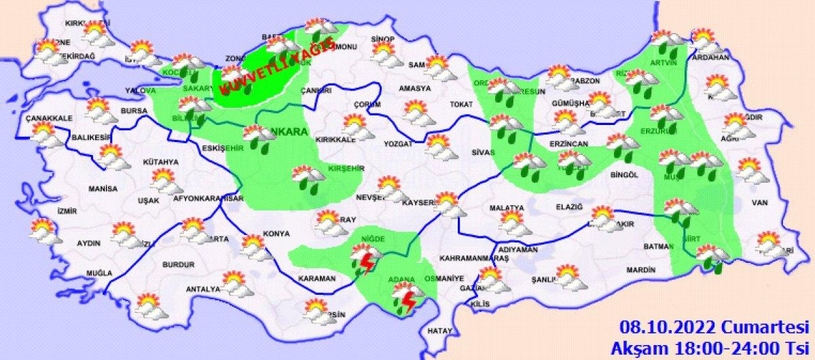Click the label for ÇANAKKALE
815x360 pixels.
[49, 118]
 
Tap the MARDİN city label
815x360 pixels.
[640, 270]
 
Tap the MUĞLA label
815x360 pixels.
[99, 273]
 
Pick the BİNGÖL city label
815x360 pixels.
[626, 175]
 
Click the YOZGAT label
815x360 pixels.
[398, 145]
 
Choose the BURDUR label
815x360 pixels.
[179, 264]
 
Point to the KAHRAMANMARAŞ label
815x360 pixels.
[474, 259]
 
